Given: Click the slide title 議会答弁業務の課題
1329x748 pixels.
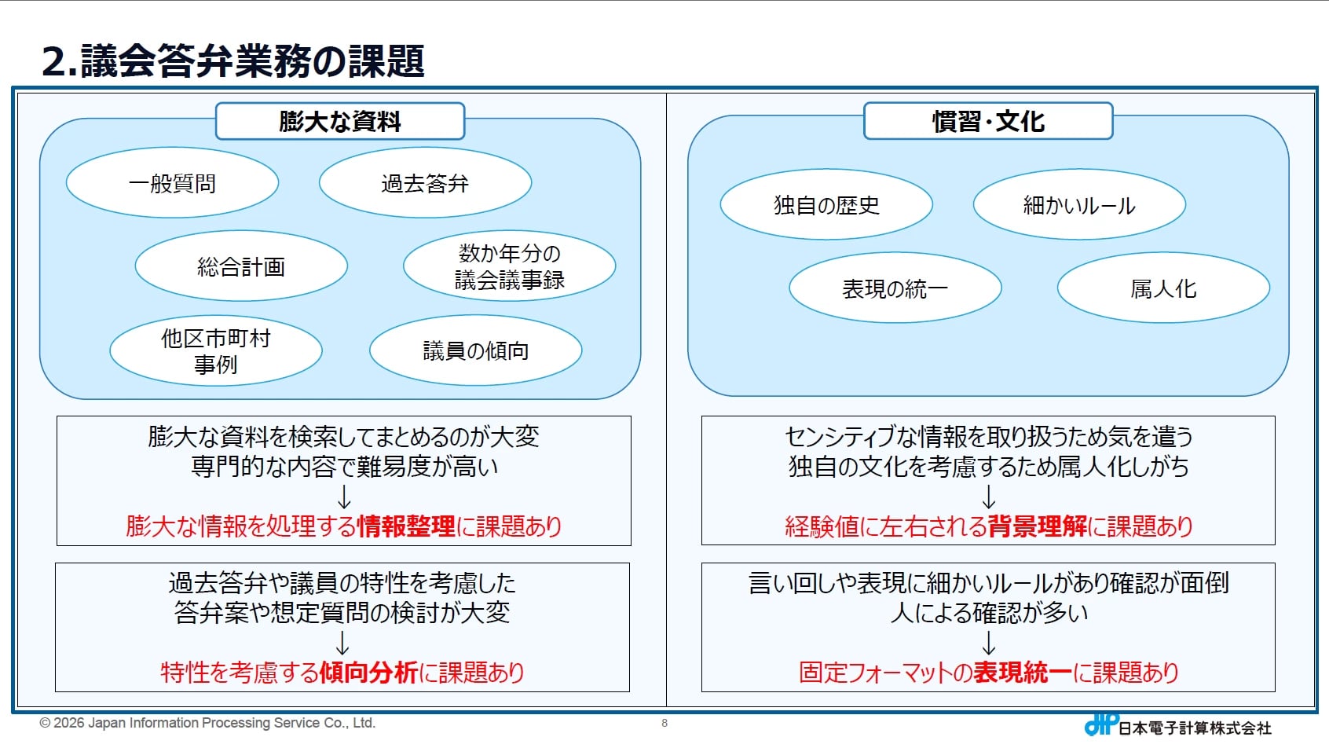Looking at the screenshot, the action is [233, 61].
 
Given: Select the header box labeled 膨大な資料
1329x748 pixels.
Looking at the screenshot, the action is [340, 121].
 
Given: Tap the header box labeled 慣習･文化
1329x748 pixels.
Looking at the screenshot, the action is [988, 121].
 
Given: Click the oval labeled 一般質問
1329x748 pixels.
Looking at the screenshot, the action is [172, 183].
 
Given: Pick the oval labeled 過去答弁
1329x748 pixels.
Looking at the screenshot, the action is [425, 183].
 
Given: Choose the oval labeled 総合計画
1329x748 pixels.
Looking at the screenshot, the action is [241, 266].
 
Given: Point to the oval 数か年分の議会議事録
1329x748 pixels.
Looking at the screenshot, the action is [509, 266].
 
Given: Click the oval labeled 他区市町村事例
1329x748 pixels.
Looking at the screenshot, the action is [216, 351].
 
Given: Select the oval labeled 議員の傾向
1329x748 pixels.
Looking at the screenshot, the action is [475, 351].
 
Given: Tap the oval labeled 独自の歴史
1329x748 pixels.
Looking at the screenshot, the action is [826, 205].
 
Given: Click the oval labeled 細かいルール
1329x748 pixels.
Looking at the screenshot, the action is [1079, 205].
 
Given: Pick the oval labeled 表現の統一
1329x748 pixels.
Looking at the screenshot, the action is [895, 288].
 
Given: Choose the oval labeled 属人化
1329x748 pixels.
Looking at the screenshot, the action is [1163, 288].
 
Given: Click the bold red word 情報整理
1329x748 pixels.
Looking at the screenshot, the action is [406, 526].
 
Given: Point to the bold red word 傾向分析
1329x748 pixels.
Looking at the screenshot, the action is [368, 673].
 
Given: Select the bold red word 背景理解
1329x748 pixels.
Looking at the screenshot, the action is [1038, 526].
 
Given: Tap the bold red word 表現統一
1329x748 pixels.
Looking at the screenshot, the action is [1023, 673].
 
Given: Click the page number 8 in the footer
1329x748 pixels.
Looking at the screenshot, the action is [664, 723].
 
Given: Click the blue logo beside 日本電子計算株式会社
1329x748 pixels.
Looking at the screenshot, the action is [1101, 724].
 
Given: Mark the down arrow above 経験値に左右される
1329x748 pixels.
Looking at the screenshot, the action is [988, 497].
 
